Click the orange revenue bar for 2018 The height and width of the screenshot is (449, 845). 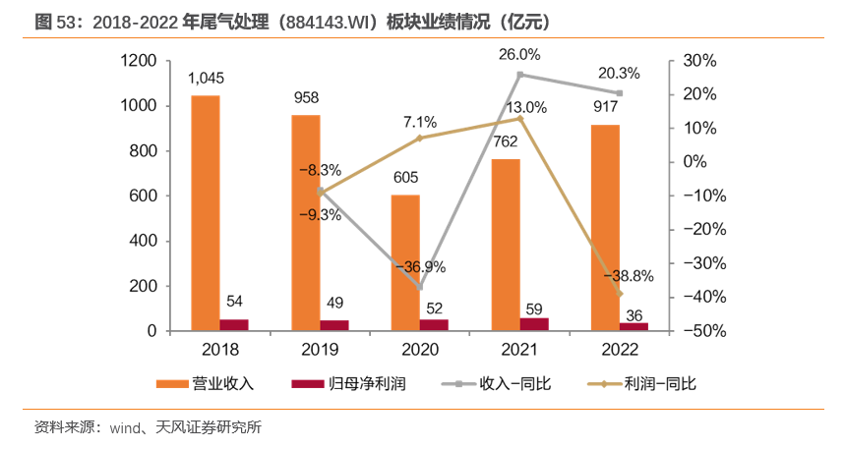(x=205, y=212)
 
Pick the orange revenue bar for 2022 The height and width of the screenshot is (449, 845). (x=605, y=227)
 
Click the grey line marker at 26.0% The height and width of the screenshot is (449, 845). (x=519, y=75)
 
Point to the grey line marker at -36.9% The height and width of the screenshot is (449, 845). (x=420, y=287)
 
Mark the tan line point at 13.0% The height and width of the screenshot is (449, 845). (x=519, y=118)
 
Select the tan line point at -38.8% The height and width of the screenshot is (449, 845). (x=620, y=294)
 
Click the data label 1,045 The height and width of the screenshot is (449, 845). (x=206, y=79)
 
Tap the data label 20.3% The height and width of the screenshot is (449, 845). (x=619, y=73)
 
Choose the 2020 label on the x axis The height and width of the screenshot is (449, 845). (x=420, y=350)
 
